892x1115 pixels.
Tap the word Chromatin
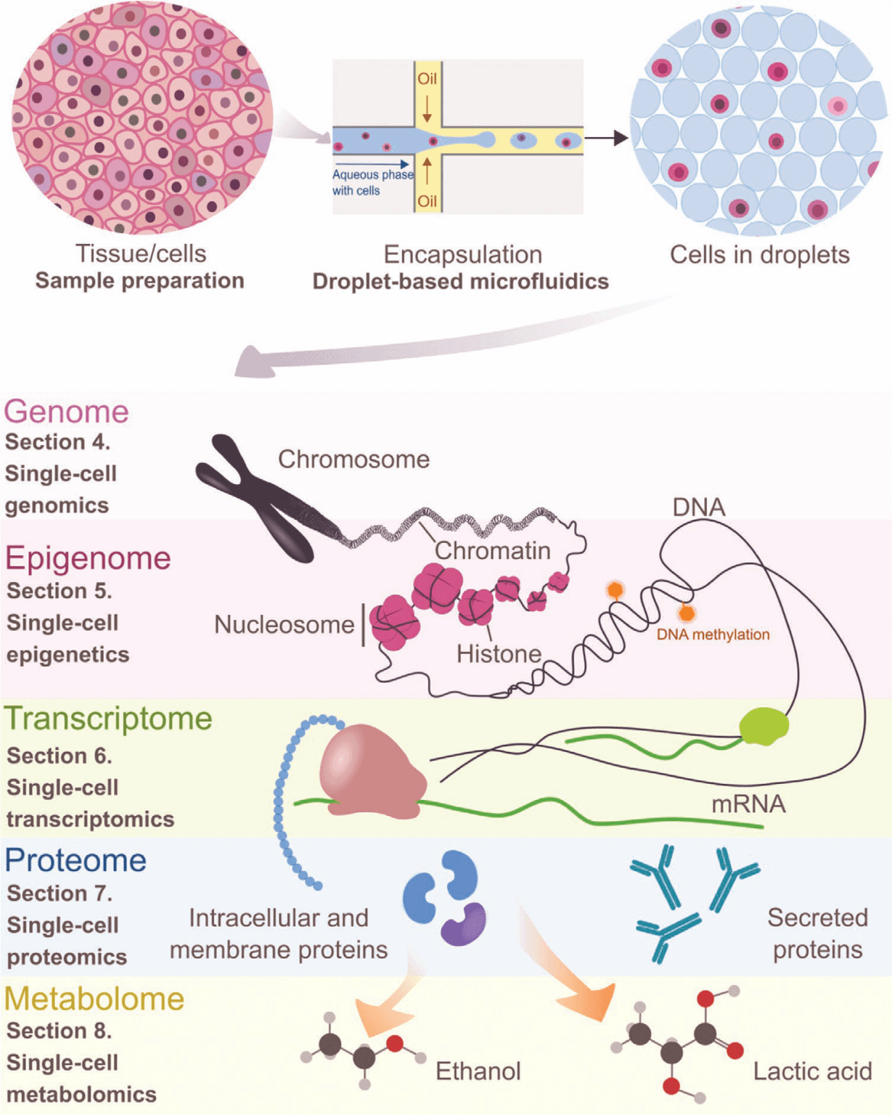[492, 550]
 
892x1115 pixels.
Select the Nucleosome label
[284, 624]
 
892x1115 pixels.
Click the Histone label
[499, 654]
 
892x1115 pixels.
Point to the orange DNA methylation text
[713, 634]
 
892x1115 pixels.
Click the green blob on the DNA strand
[764, 727]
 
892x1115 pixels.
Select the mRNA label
[748, 804]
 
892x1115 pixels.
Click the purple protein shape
[464, 924]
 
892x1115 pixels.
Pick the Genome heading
[66, 412]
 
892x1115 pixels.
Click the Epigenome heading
[88, 558]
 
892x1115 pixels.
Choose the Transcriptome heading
[108, 719]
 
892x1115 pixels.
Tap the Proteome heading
[75, 860]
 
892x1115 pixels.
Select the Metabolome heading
[94, 999]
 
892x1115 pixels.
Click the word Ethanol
[478, 1071]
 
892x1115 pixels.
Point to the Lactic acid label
[812, 1071]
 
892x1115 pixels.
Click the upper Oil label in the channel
[427, 78]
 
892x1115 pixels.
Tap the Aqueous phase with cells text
[372, 182]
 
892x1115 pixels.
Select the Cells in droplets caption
[759, 255]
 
